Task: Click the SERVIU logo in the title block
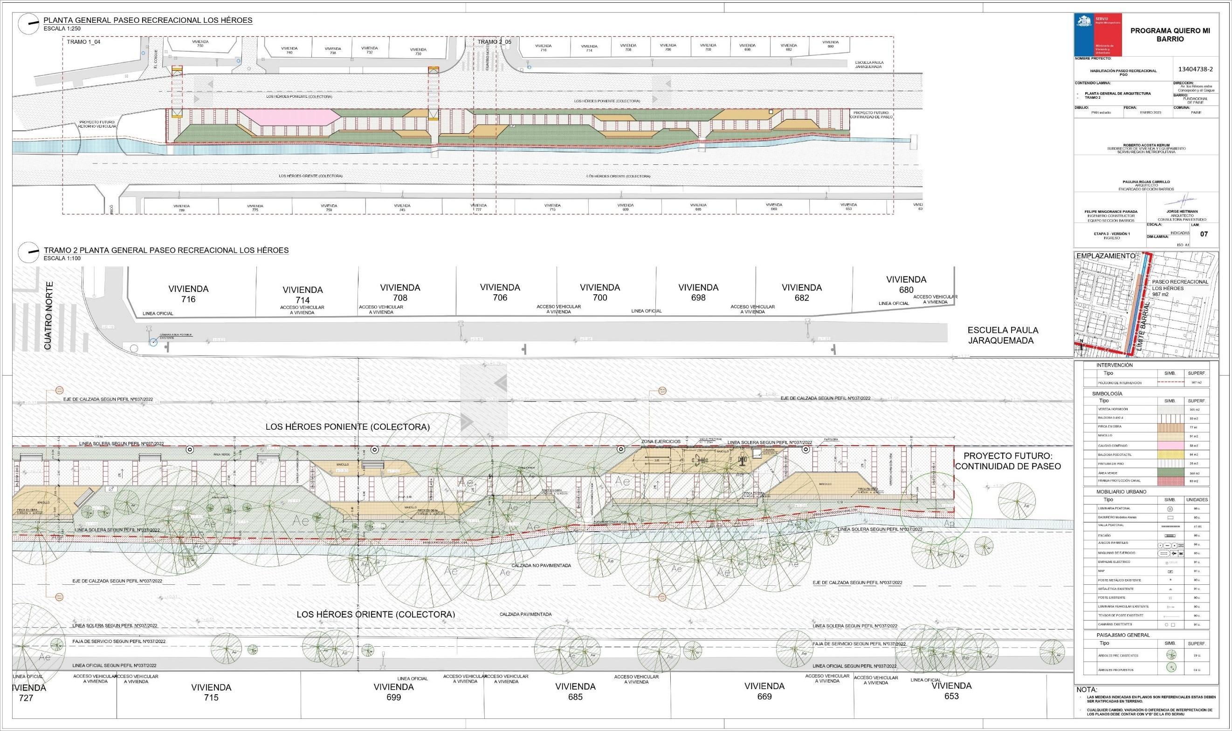pyautogui.click(x=1098, y=34)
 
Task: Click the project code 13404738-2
pyautogui.click(x=1195, y=69)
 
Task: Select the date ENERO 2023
pyautogui.click(x=1147, y=113)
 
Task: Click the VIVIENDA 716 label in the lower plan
pyautogui.click(x=188, y=294)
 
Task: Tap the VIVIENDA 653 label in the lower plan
pyautogui.click(x=951, y=691)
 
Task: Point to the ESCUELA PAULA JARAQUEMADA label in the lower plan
pyautogui.click(x=999, y=335)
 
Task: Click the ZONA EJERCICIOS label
pyautogui.click(x=661, y=441)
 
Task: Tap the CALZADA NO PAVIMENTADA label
pyautogui.click(x=541, y=566)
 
